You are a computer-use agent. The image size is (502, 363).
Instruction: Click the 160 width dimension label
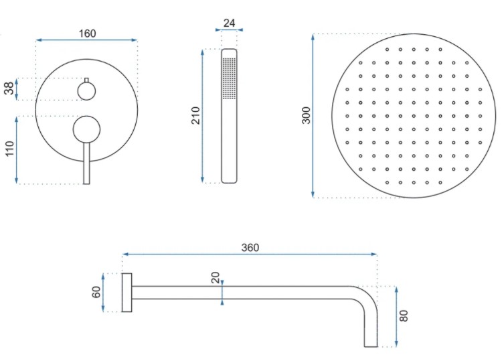(87, 33)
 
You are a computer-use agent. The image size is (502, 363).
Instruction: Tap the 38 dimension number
(9, 88)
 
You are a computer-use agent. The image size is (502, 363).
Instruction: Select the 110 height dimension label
(10, 148)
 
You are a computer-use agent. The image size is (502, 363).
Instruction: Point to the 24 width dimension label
(229, 23)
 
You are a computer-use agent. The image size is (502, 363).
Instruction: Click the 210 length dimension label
(195, 115)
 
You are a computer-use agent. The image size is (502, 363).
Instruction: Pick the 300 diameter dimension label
(307, 115)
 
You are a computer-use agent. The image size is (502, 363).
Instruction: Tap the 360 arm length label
(250, 247)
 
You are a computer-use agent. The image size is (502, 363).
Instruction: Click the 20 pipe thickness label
(216, 277)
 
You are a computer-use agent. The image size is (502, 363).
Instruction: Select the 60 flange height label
(96, 292)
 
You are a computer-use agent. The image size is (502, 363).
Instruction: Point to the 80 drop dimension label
(404, 316)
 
